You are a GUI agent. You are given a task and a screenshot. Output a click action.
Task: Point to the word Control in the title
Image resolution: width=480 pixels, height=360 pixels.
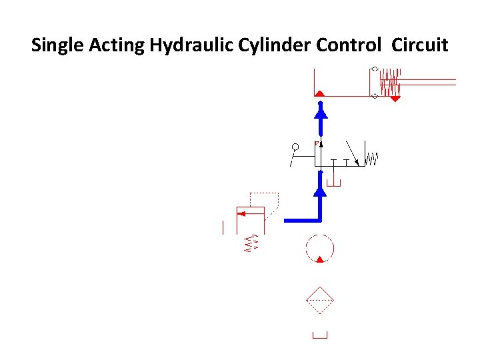coord(349,46)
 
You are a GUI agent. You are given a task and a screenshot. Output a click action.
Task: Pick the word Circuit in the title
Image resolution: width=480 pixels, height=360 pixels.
coord(421,46)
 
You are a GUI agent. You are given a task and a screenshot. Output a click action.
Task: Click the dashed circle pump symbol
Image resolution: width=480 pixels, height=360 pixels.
coord(319,249)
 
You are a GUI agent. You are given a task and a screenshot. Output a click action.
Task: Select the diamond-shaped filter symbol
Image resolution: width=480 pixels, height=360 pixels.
coord(319,301)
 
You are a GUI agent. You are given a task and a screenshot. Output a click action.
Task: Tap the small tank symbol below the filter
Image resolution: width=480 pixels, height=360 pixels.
coord(320,335)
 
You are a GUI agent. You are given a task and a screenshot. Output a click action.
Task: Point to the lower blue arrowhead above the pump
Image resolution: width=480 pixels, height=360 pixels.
coord(320,191)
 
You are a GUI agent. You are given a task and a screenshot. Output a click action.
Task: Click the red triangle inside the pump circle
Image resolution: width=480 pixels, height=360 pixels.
coord(320,259)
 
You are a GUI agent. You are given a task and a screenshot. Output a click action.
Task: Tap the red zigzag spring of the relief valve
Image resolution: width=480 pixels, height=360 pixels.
coord(251,244)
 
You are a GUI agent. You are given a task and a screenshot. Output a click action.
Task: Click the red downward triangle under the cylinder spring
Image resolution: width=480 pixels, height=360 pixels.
coord(395,99)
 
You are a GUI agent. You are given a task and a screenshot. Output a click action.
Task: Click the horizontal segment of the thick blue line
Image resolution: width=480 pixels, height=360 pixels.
coord(302,219)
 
